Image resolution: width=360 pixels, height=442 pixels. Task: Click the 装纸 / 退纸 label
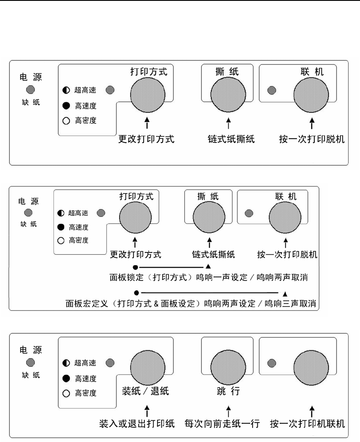pyautogui.click(x=144, y=391)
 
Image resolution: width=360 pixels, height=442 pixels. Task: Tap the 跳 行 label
pyautogui.click(x=229, y=391)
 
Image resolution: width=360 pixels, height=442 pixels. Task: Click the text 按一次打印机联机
pyautogui.click(x=307, y=423)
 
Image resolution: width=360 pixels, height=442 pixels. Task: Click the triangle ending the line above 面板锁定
pyautogui.click(x=208, y=266)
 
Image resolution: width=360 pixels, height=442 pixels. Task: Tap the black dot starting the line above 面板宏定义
pyautogui.click(x=137, y=292)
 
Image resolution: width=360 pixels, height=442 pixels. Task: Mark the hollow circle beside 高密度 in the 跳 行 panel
pyautogui.click(x=67, y=393)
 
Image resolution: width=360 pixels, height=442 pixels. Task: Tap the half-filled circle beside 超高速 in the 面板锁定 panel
pyautogui.click(x=61, y=213)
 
